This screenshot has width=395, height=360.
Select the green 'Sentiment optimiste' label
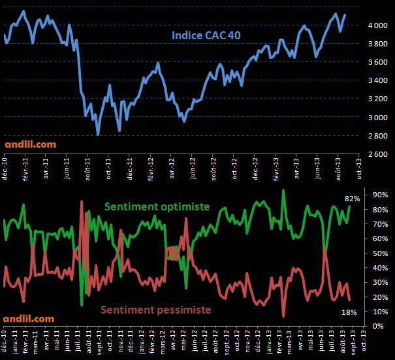coord(157,206)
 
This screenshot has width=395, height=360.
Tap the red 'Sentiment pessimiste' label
coord(157,310)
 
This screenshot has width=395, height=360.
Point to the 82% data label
coord(351,198)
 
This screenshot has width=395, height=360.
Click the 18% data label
coord(349,312)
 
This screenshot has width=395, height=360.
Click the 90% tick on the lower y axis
coord(381,195)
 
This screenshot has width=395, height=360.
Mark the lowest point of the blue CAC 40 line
coord(98,135)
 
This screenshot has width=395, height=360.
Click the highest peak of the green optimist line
coord(283,190)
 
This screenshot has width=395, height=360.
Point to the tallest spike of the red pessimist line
coord(82,201)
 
